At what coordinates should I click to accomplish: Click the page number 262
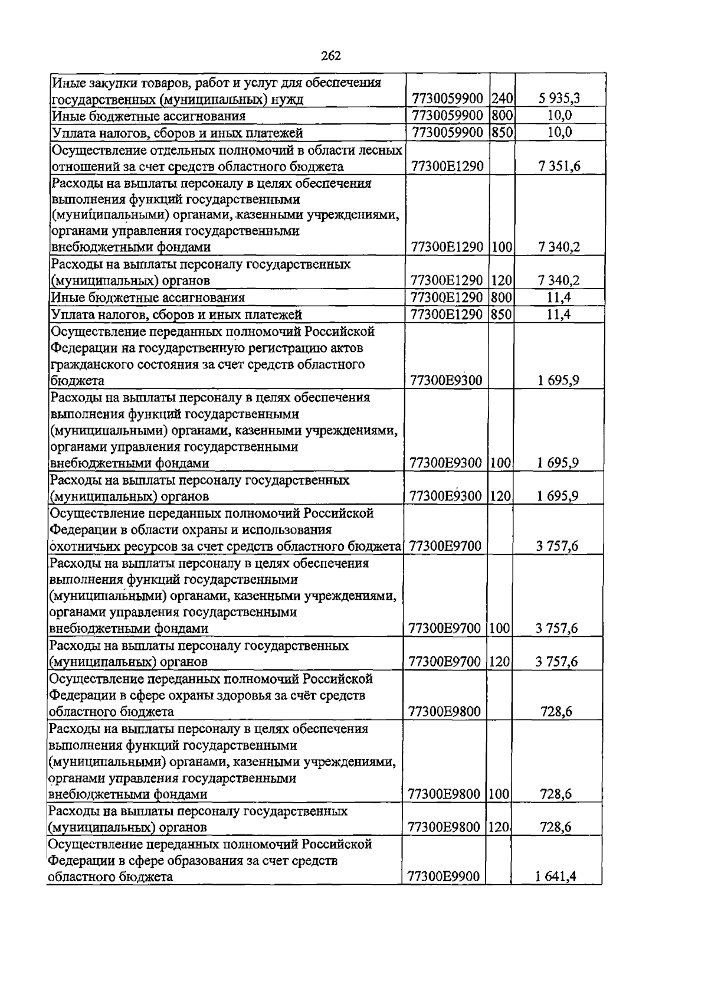point(330,56)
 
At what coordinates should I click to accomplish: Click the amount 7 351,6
point(558,166)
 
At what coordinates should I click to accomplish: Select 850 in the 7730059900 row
point(501,132)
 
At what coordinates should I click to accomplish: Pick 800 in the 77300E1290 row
point(501,297)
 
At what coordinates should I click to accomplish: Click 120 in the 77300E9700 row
point(500,662)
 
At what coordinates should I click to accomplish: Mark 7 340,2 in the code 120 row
point(558,280)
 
